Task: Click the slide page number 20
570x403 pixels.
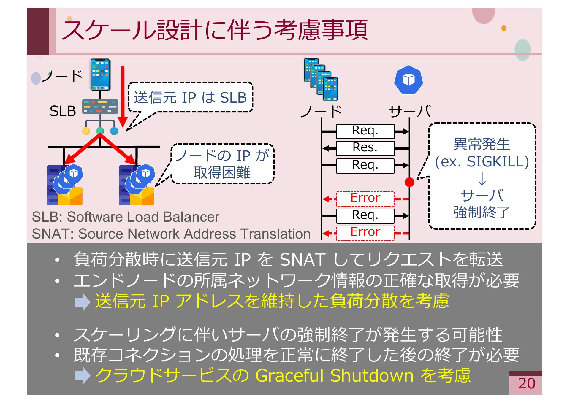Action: (527, 383)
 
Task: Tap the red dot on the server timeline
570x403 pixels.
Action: (409, 182)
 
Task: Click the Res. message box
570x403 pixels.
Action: (365, 148)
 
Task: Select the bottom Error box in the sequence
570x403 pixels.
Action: (365, 232)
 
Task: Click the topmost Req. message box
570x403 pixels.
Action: (365, 131)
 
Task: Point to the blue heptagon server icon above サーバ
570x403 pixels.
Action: (408, 80)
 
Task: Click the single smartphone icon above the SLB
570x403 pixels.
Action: (100, 74)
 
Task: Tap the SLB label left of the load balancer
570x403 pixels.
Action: (63, 111)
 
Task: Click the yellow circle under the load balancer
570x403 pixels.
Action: (86, 131)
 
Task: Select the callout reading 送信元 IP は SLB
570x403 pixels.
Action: (190, 97)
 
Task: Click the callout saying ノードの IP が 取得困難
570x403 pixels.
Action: (222, 164)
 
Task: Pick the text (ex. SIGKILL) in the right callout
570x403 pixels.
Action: (482, 161)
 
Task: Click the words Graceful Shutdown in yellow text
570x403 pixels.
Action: (334, 375)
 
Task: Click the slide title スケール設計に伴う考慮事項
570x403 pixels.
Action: (215, 30)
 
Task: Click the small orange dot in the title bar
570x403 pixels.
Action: (503, 28)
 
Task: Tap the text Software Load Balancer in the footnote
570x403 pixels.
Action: (143, 217)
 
